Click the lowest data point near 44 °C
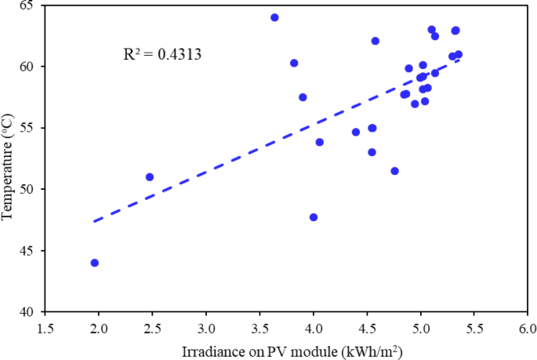pyautogui.click(x=95, y=263)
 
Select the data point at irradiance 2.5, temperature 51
pyautogui.click(x=150, y=177)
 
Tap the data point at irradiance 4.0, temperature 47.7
pyautogui.click(x=314, y=217)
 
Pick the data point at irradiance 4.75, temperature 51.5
pyautogui.click(x=394, y=171)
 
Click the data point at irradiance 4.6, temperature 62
pyautogui.click(x=376, y=41)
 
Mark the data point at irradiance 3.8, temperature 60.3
pyautogui.click(x=294, y=63)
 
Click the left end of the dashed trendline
pyautogui.click(x=94, y=221)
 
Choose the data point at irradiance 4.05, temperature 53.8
pyautogui.click(x=320, y=142)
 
